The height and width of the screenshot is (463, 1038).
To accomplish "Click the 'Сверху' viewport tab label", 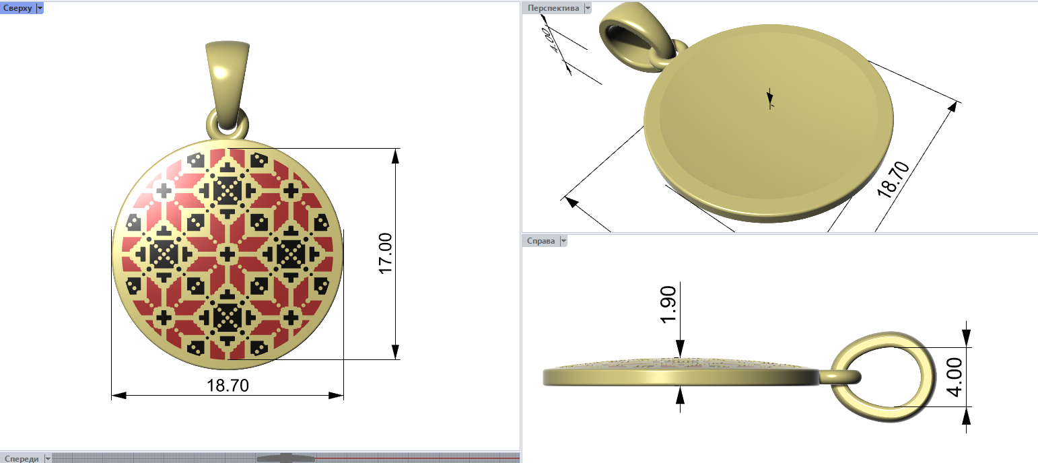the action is [18, 8].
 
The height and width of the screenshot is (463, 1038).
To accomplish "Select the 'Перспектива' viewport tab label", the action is [553, 8].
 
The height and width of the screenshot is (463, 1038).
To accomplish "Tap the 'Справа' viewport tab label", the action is [541, 240].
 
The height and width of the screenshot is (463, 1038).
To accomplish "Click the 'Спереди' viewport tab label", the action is [22, 458].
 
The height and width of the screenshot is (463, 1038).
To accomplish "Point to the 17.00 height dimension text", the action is [385, 254].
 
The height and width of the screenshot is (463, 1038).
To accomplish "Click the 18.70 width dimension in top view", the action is [228, 385].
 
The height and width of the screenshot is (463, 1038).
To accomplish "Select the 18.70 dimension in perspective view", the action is [893, 180].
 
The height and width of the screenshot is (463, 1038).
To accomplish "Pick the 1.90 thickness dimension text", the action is [668, 304].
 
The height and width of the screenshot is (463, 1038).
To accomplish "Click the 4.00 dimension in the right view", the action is [955, 377].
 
